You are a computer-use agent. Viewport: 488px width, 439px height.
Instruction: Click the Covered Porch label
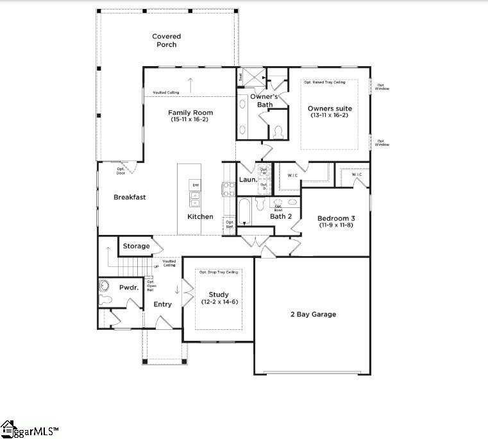(x=167, y=40)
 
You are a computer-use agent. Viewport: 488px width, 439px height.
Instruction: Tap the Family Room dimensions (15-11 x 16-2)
(x=190, y=119)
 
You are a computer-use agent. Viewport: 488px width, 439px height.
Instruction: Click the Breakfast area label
(x=130, y=197)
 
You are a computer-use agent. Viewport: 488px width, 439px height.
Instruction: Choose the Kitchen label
(x=200, y=216)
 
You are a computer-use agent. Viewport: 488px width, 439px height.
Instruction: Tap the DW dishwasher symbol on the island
(x=194, y=185)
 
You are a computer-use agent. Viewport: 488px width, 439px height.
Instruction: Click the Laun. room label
(x=248, y=180)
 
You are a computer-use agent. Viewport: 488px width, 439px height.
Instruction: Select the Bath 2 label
(x=281, y=216)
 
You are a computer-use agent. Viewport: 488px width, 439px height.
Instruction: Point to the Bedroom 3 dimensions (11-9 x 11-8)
(x=337, y=225)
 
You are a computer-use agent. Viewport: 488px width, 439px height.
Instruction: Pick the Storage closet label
(x=136, y=246)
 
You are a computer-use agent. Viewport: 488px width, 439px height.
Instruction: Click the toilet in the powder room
(x=105, y=286)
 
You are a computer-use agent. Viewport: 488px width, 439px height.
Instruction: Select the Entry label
(x=162, y=304)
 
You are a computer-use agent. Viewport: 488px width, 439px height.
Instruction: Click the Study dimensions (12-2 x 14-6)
(x=219, y=302)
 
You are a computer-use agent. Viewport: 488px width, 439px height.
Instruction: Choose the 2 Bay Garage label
(x=314, y=314)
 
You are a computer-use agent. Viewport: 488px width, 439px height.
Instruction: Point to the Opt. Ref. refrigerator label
(x=229, y=225)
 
